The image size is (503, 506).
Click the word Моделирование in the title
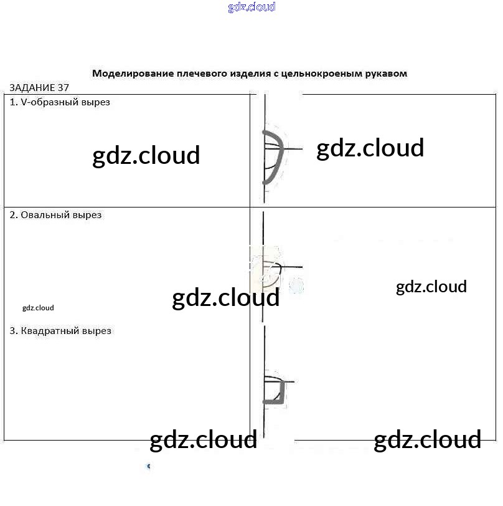point(132,74)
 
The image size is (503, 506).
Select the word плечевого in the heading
point(200,74)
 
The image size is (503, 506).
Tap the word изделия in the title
point(250,74)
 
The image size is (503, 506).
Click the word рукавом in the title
point(385,74)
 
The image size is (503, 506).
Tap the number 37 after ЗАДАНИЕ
point(63,88)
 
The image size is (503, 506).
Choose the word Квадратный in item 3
point(51,331)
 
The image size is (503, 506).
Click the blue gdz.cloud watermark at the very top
point(251,7)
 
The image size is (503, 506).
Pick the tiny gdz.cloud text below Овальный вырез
point(38,308)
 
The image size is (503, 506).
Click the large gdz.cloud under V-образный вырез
point(146,156)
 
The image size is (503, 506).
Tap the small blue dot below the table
point(148,465)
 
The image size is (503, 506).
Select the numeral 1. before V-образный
point(14,102)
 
